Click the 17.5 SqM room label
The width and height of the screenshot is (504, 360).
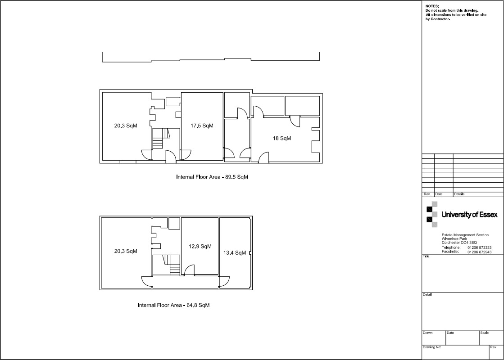(x=201, y=126)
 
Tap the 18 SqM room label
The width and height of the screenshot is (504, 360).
(x=282, y=138)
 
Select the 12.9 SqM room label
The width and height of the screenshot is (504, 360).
(x=200, y=246)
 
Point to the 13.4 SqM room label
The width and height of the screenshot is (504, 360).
(x=235, y=253)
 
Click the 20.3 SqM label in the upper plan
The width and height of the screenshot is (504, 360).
(x=126, y=126)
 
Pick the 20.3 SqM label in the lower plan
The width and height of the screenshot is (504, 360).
(x=126, y=251)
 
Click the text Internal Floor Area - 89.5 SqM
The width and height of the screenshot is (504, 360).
(x=212, y=177)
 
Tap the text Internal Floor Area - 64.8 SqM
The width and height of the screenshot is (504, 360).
(x=173, y=305)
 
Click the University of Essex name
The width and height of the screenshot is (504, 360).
(x=469, y=215)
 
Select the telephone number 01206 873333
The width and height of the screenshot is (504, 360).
(x=479, y=248)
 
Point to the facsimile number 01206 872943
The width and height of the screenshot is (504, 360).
(x=479, y=252)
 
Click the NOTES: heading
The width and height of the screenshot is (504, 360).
(x=432, y=6)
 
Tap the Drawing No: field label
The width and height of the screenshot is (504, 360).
(x=432, y=347)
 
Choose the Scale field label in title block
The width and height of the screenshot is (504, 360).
(x=485, y=333)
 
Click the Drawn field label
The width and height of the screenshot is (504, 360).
(x=427, y=333)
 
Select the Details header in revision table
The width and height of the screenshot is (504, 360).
(x=459, y=194)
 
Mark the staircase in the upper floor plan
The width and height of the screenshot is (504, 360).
(x=158, y=139)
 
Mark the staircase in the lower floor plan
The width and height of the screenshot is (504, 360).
(x=174, y=265)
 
